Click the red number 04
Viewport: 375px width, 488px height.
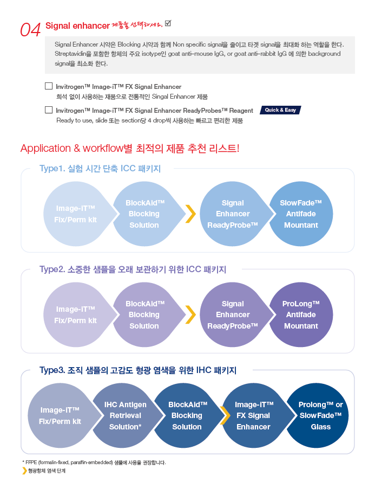pyautogui.click(x=30, y=30)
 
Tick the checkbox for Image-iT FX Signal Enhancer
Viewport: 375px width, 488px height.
pyautogui.click(x=49, y=86)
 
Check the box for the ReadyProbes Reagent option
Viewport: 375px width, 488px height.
pyautogui.click(x=49, y=110)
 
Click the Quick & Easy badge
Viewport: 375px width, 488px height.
pyautogui.click(x=280, y=110)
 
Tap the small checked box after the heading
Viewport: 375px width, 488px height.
pyautogui.click(x=168, y=23)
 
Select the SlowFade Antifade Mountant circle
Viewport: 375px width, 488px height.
pyautogui.click(x=301, y=214)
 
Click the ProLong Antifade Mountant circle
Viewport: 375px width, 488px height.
pyautogui.click(x=301, y=314)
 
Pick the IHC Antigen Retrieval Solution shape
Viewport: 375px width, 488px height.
pyautogui.click(x=126, y=415)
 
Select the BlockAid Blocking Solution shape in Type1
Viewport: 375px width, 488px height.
pyautogui.click(x=146, y=214)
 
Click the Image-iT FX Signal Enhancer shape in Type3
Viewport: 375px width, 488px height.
pyautogui.click(x=255, y=415)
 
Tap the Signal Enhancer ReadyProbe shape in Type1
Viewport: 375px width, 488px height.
pyautogui.click(x=234, y=214)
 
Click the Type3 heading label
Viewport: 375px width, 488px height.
pyautogui.click(x=138, y=370)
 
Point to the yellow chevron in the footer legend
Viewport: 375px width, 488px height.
pyautogui.click(x=24, y=471)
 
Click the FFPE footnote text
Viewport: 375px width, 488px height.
pyautogui.click(x=94, y=463)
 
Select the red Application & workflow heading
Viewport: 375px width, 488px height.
pyautogui.click(x=130, y=148)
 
